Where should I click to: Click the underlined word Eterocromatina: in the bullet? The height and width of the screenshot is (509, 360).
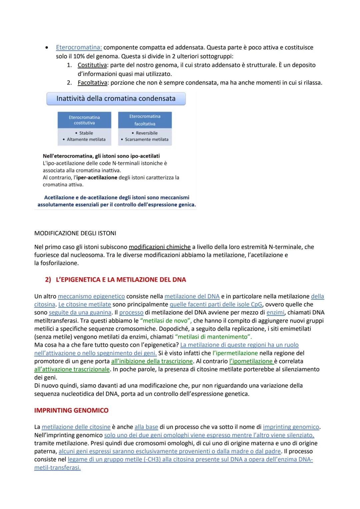point(79,47)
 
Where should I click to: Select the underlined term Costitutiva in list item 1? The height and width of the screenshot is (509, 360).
point(92,65)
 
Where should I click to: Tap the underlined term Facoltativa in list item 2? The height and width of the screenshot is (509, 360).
point(92,83)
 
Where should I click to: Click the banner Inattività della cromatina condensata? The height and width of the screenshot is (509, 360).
point(116,99)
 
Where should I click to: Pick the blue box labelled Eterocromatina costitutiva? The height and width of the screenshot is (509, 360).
point(84,120)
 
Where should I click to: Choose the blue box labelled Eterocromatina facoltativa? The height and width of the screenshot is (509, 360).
point(145,120)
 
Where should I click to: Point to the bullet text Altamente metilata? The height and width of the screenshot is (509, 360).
point(86,139)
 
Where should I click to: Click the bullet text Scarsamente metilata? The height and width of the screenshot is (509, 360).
point(147,139)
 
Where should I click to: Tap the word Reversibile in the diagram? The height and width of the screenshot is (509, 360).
point(147,133)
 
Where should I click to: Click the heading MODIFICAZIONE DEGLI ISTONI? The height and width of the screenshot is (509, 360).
point(75,233)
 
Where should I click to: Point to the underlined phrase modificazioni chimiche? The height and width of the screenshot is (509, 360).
point(160,247)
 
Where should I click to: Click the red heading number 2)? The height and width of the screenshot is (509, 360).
point(48,280)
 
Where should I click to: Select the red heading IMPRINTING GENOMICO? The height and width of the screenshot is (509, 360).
point(71,410)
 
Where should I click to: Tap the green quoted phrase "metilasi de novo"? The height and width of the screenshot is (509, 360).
point(166,321)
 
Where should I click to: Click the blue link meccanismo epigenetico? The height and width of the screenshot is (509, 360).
point(91,296)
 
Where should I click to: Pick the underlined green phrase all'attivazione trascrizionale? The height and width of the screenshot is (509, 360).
point(72,369)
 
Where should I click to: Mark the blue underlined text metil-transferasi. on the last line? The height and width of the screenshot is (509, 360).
point(57,468)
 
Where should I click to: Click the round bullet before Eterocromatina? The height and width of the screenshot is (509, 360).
point(47,48)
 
